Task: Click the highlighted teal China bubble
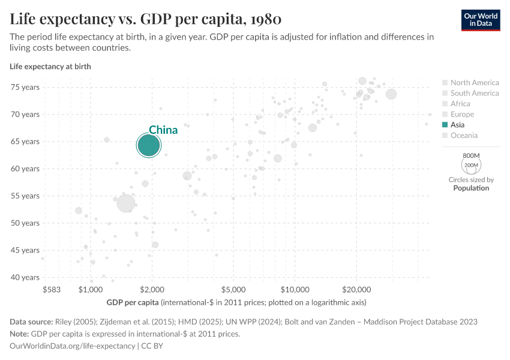(x=148, y=145)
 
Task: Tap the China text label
(x=163, y=130)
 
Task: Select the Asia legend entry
(x=457, y=125)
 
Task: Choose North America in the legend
(x=474, y=83)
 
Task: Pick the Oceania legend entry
(x=464, y=136)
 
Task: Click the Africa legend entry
(x=460, y=104)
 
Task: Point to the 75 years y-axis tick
(x=25, y=87)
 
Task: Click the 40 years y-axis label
(x=25, y=277)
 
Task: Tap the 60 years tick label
(x=25, y=169)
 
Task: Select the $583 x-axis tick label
(x=52, y=289)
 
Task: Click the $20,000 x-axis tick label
(x=356, y=289)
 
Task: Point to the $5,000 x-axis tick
(x=233, y=289)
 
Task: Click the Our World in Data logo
(x=481, y=19)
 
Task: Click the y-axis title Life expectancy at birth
(x=50, y=67)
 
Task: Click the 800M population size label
(x=471, y=155)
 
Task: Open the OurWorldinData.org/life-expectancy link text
(x=73, y=346)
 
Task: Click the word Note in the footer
(x=19, y=334)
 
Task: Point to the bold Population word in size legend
(x=471, y=188)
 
